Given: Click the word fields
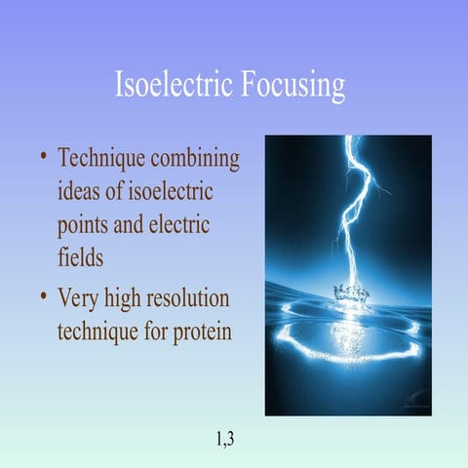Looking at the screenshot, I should point(80,257).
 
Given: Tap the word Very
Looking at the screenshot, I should point(80,296).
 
